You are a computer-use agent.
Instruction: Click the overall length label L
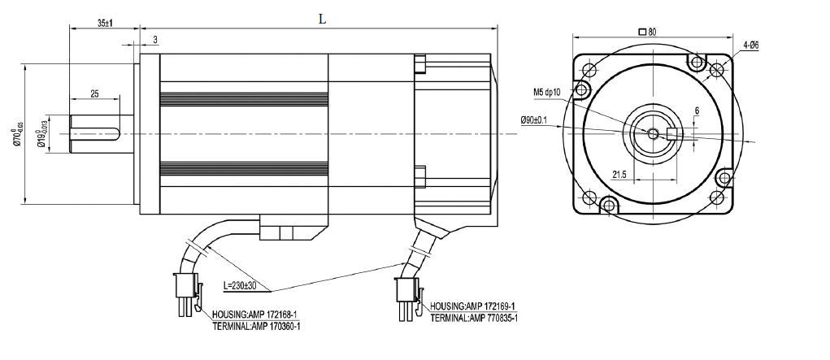322,20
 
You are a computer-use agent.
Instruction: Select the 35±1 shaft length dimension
104,24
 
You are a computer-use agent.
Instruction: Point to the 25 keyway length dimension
95,95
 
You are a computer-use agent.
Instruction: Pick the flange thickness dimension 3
154,40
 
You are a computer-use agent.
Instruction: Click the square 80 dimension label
648,32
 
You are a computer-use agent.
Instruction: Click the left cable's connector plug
184,290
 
